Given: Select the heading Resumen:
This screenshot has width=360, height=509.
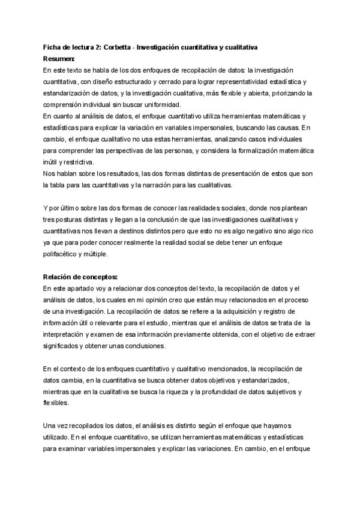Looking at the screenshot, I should point(59,59).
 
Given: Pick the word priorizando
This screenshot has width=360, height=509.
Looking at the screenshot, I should point(292,92).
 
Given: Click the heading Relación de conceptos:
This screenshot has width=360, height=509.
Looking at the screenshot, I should point(81,277).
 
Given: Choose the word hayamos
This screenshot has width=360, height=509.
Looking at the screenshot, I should point(293,426).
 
